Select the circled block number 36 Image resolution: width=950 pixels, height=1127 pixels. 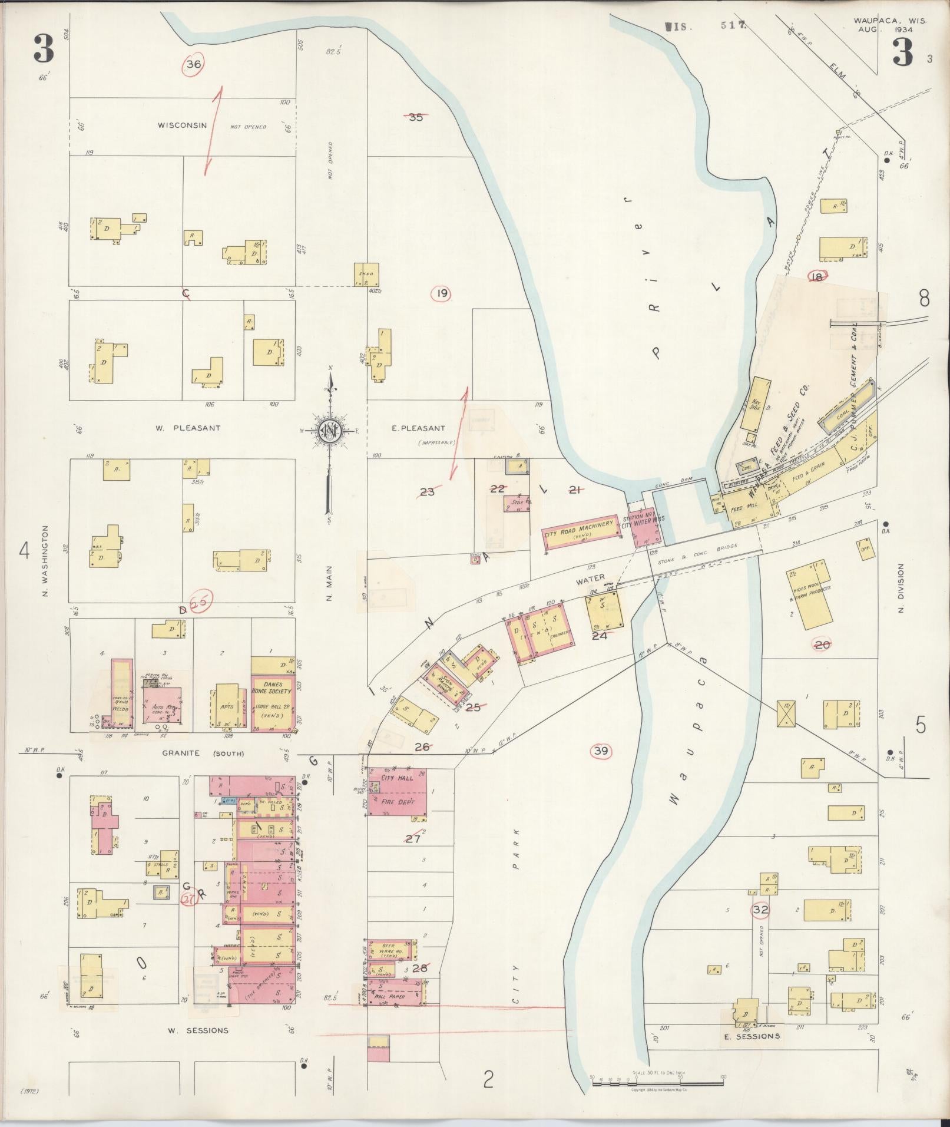(194, 65)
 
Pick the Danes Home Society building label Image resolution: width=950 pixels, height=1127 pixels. (272, 688)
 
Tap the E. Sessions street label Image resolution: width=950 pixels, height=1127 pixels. (752, 1036)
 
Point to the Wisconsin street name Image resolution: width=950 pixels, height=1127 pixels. (182, 125)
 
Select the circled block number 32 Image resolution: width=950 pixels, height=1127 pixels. (760, 910)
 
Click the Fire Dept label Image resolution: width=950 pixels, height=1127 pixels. (398, 802)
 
